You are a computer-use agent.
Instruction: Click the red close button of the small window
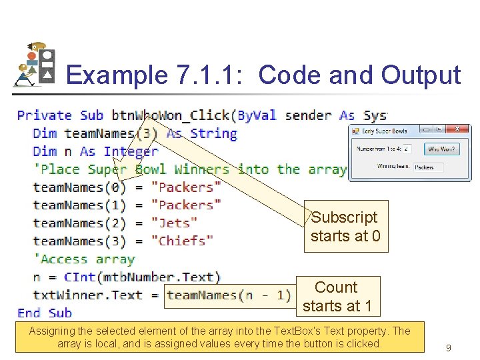click(457, 129)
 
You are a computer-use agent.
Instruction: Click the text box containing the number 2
click(407, 149)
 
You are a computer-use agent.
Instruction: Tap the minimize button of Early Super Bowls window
click(427, 129)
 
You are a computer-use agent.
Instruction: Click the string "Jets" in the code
click(175, 223)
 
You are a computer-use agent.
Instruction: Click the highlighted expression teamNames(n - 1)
click(228, 295)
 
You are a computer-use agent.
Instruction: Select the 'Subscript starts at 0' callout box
click(345, 227)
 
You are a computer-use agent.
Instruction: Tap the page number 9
click(449, 347)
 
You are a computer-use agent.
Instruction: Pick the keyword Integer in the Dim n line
click(131, 151)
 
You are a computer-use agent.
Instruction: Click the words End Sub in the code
click(44, 313)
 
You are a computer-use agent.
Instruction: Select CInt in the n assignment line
click(79, 277)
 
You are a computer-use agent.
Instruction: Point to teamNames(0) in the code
click(79, 187)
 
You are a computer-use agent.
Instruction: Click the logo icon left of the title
click(35, 65)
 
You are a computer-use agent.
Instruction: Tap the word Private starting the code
click(44, 115)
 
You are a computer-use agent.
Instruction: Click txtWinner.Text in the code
click(88, 295)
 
